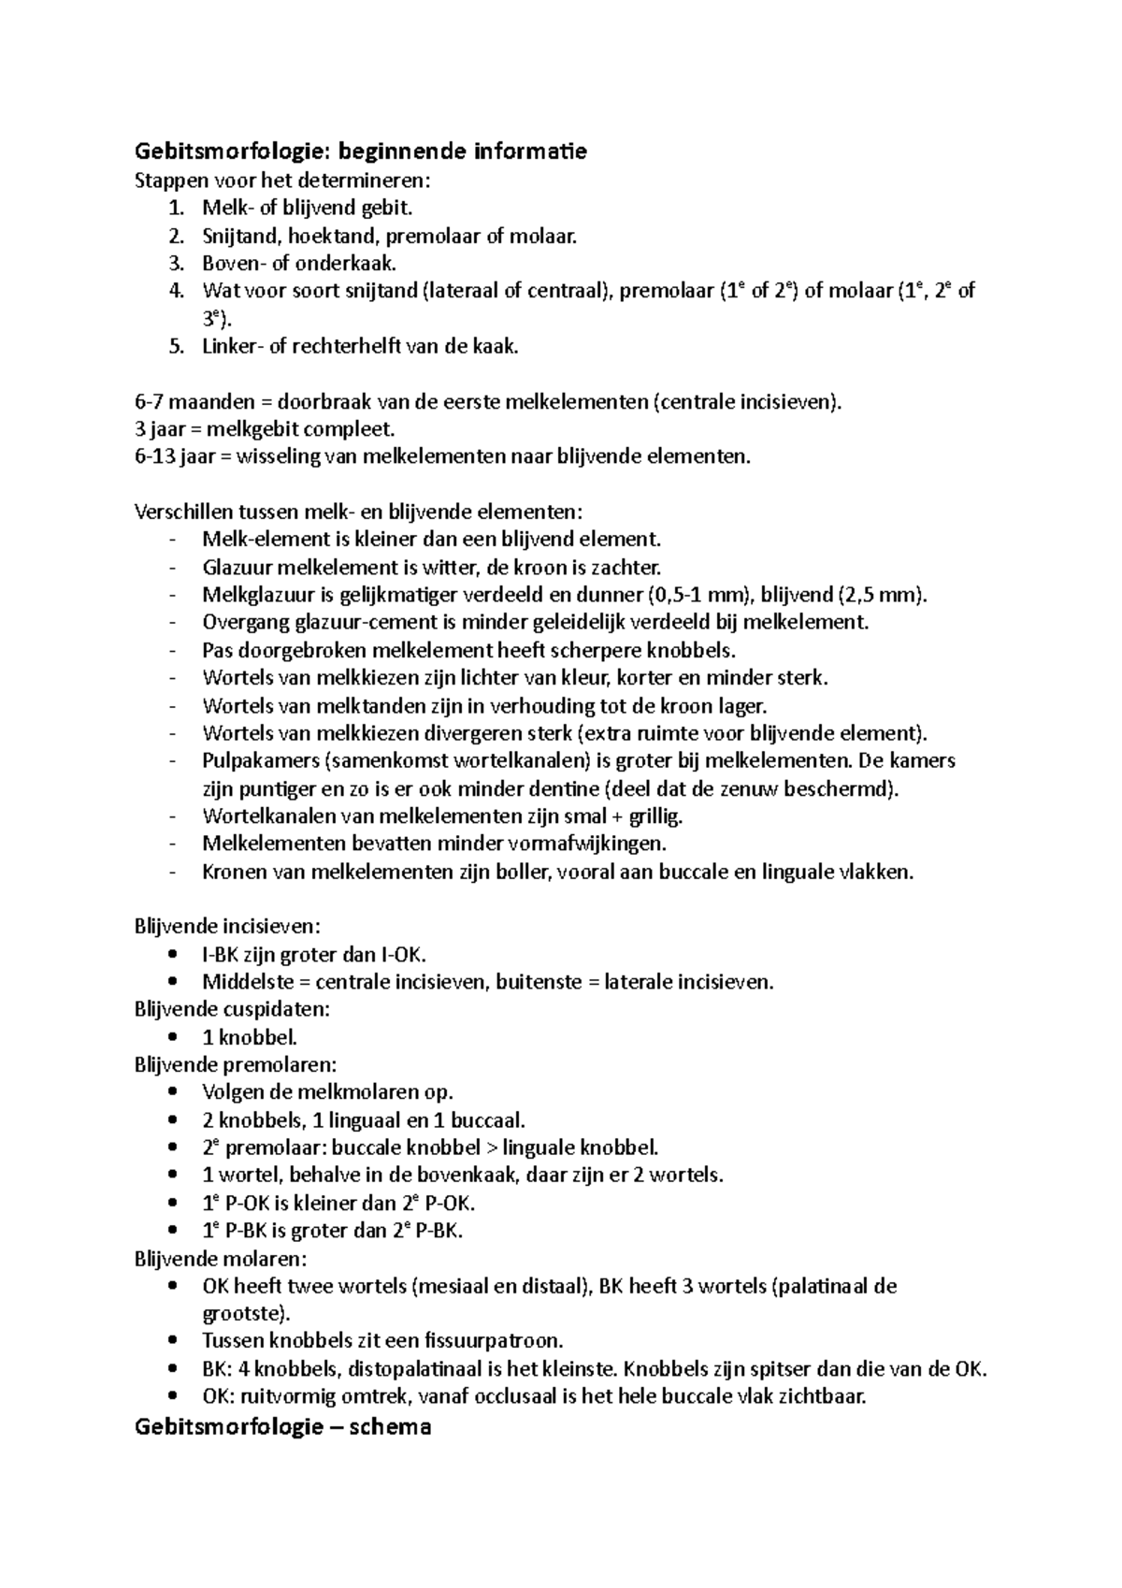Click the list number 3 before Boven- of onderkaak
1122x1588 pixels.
pos(177,264)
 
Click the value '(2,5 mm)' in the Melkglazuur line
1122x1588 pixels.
pos(883,595)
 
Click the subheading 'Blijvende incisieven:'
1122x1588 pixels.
pos(227,926)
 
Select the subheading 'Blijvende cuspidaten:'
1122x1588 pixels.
pos(232,1009)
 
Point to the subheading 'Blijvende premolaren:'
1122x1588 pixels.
pos(235,1064)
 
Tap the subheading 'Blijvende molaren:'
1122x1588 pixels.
pos(221,1258)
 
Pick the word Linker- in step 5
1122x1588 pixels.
pos(233,346)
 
